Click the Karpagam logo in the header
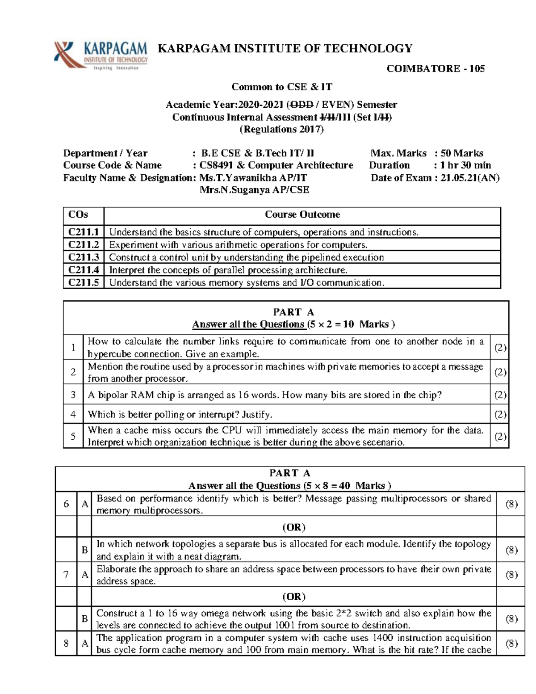click(x=100, y=56)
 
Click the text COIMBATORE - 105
click(x=435, y=69)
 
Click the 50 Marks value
click(x=462, y=153)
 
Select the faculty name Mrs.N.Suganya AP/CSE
click(x=254, y=190)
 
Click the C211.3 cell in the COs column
click(x=84, y=257)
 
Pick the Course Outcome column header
click(x=302, y=215)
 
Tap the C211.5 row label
click(x=84, y=282)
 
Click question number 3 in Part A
click(x=73, y=395)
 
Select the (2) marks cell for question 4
click(x=500, y=415)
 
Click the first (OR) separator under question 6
click(x=293, y=527)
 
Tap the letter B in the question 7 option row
click(x=84, y=619)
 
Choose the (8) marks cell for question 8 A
click(x=511, y=644)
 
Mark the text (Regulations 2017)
click(x=281, y=130)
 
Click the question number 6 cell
click(x=66, y=504)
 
